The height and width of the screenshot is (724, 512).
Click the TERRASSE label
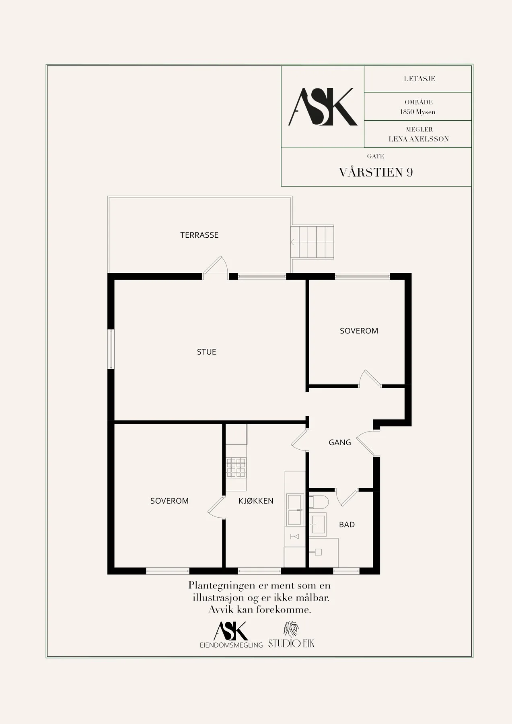pos(199,235)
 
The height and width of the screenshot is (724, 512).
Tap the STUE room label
pos(207,352)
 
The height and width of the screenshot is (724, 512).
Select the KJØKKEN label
pos(256,501)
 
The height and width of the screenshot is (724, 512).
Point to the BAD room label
pos(347,524)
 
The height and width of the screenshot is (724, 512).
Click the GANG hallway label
pos(340,442)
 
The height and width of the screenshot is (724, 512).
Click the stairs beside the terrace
pos(313,242)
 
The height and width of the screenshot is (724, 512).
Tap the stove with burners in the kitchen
pos(236,467)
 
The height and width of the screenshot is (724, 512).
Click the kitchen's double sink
pos(295,510)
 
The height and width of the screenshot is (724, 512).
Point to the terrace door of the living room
pos(216,266)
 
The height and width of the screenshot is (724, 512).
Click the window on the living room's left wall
pos(111,349)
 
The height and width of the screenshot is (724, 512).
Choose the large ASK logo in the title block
pos(323,107)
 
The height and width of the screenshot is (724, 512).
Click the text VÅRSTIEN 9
pos(376,172)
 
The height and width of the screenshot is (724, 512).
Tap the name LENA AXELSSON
pos(419,139)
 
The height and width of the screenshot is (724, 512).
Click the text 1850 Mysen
pos(418,112)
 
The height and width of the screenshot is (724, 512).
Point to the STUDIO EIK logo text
pos(291,643)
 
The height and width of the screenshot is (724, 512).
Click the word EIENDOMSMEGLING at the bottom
pos(231,645)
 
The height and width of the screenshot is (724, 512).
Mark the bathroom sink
pos(318,525)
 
